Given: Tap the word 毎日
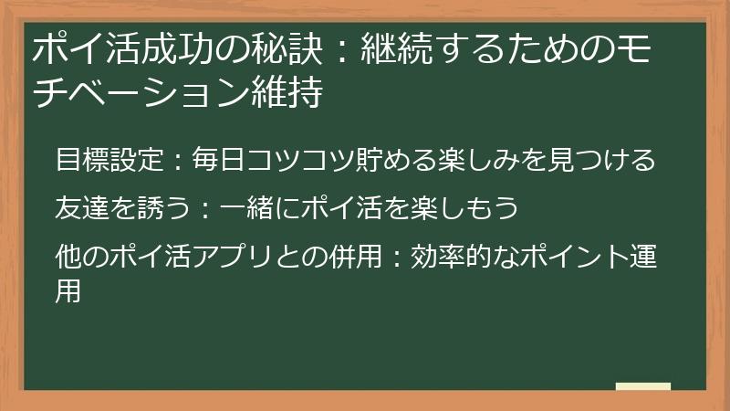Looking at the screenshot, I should (215, 161).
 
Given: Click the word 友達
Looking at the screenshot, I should (80, 208).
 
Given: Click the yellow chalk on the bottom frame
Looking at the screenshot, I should (643, 386).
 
